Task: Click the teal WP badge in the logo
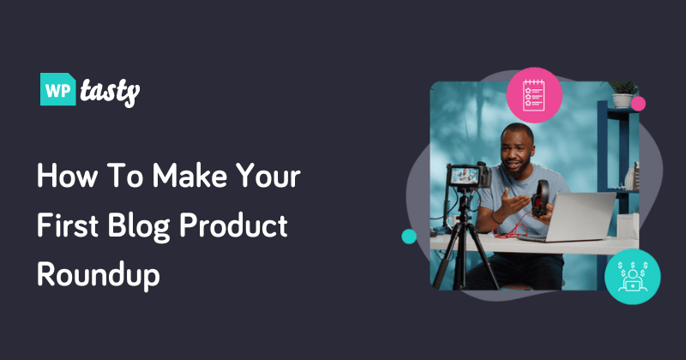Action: tap(58, 88)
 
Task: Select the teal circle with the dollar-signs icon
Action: tap(632, 275)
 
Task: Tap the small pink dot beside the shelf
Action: tap(638, 104)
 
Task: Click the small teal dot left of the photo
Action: tap(409, 236)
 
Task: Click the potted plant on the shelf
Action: tap(622, 93)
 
